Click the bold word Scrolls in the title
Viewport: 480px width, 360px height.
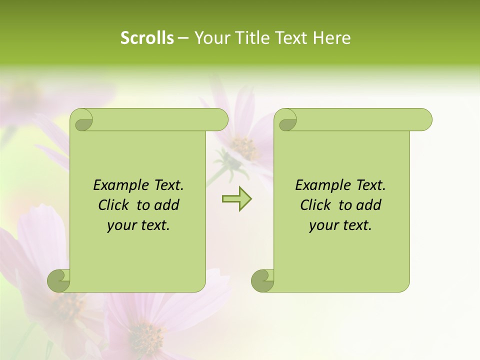[x=147, y=38]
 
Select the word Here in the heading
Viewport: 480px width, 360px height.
[x=331, y=38]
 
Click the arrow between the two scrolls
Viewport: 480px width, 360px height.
[x=236, y=199]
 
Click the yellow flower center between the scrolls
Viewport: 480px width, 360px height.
[x=244, y=147]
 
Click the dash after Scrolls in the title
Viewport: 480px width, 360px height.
[x=183, y=38]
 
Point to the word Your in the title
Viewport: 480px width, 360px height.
[x=211, y=38]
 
